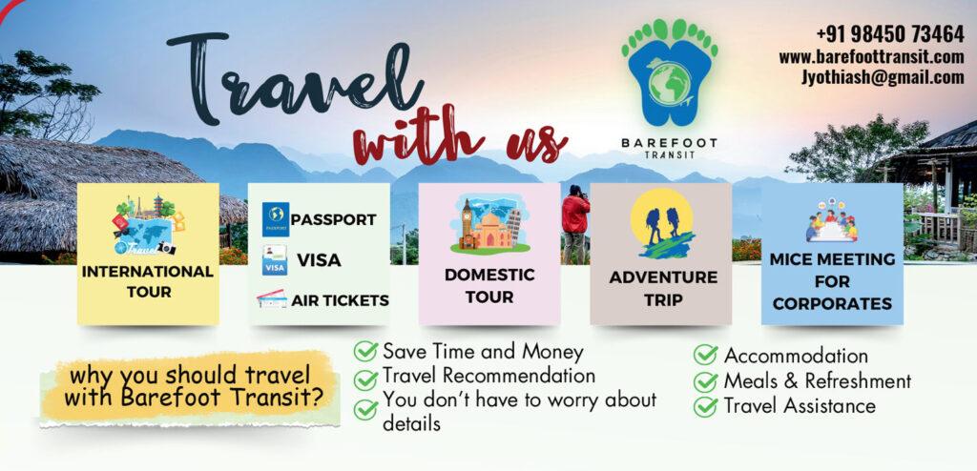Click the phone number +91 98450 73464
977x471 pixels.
(890, 33)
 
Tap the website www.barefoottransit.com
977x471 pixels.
(871, 56)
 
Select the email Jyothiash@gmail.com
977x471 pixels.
(883, 77)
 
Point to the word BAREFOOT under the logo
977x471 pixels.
(669, 143)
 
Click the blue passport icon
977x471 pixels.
(275, 219)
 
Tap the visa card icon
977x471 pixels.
(274, 259)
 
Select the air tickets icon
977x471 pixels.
(272, 299)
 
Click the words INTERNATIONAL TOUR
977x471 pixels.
(148, 281)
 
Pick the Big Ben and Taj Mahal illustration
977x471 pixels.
(489, 224)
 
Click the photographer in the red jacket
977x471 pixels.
(574, 224)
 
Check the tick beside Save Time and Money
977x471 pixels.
(365, 351)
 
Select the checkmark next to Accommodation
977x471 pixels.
(705, 355)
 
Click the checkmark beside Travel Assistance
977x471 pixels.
(705, 406)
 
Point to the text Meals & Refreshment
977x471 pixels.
(818, 380)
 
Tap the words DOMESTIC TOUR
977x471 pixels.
(489, 286)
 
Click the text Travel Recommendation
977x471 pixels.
(489, 376)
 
